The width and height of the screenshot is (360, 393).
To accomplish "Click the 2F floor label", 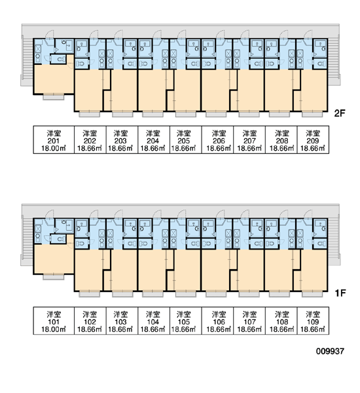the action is pos(340,113).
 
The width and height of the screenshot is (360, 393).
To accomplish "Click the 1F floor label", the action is pos(340,293).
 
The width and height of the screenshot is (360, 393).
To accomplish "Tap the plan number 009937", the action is pos(330,351).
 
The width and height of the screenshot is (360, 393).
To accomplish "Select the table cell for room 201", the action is pos(54,140).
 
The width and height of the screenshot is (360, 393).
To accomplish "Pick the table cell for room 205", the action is pos(186,140).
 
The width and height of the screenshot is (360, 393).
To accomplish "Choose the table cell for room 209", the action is pos(313,140).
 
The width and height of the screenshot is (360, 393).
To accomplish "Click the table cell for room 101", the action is pos(54,320).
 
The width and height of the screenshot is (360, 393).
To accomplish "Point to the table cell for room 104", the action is pos(154,320).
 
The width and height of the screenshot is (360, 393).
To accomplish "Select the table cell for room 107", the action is pos(249,320).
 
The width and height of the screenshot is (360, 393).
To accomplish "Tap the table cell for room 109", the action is pos(313,320).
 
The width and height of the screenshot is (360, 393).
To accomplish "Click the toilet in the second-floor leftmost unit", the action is pos(60,60).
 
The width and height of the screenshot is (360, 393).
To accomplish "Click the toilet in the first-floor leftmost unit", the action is pos(60,239).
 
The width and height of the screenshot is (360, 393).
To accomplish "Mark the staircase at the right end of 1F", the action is pos(334,240).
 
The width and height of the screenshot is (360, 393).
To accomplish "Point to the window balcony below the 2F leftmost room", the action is pos(54,97).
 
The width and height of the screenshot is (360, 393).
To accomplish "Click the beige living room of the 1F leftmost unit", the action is pos(54,259).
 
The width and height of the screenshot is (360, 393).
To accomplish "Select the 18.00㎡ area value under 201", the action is pos(54,148).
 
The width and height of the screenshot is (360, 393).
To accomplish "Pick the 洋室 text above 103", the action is pos(120,314).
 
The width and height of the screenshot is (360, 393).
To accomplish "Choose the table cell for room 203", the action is pos(122,140).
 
